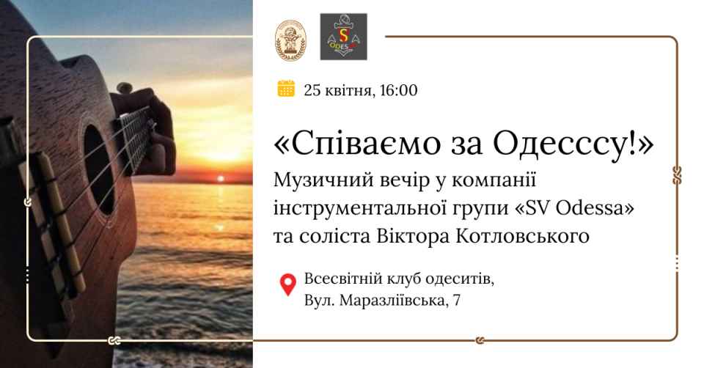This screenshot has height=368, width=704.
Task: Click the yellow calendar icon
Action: tap(286, 89)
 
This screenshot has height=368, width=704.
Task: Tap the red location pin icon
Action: tap(287, 285)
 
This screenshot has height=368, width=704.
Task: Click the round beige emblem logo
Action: tap(290, 40)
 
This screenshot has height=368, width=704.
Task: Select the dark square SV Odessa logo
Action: tap(343, 37)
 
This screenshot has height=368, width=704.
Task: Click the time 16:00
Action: tap(398, 90)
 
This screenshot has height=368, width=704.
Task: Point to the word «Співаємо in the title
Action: tap(351, 144)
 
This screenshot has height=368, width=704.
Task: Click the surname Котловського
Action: tap(523, 237)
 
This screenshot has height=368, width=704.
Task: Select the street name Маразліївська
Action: tap(392, 301)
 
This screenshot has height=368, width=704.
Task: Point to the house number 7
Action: tap(457, 301)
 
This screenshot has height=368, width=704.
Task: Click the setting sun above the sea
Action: tap(220, 179)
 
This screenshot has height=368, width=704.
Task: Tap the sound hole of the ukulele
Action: tap(99, 169)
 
